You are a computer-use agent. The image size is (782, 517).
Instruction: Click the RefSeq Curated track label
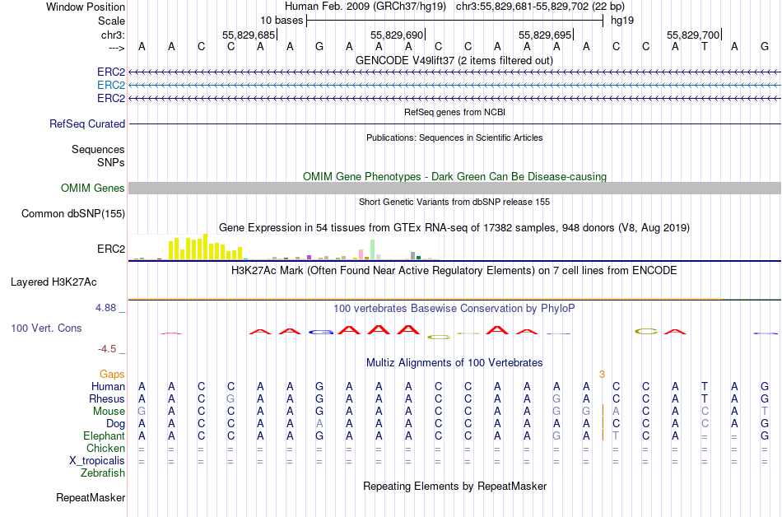pos(87,124)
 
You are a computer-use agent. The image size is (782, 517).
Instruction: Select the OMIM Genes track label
pos(93,189)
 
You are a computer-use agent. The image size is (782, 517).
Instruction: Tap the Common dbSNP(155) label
pos(73,214)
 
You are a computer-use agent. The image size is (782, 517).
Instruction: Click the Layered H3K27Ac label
pos(54,282)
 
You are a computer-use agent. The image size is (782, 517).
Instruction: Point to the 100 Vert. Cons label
pos(46,328)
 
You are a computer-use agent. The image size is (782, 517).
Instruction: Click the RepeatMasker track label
pos(91,497)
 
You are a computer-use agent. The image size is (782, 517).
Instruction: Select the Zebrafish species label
pos(103,473)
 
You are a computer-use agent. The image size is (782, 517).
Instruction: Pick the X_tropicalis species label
pos(97,460)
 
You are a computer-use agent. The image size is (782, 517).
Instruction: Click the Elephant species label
pos(104,435)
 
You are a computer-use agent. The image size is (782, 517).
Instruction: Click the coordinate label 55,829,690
pos(397,35)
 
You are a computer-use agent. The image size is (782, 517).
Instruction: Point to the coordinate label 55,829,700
pos(693,35)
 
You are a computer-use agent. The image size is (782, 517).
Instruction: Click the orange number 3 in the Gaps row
pos(602,374)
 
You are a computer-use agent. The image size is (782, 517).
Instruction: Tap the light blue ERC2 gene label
pos(111,85)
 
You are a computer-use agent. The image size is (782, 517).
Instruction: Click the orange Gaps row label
pos(112,374)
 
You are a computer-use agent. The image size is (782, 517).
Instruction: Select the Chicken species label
pos(105,448)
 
